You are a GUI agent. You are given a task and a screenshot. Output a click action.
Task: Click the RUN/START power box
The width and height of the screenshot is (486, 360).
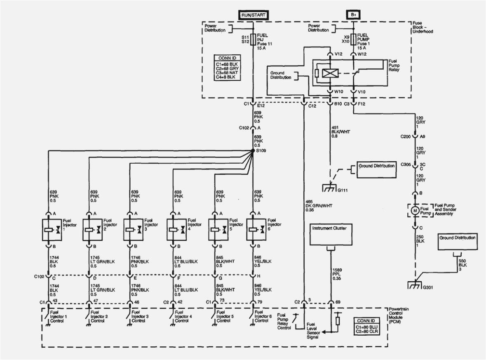[x=252, y=15]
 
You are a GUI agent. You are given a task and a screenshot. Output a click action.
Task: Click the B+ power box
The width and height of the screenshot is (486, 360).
[x=353, y=15]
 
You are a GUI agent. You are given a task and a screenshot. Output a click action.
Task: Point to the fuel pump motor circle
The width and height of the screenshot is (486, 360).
[x=415, y=210]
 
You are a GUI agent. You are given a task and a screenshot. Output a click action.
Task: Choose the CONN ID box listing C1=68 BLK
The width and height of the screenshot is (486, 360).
[x=228, y=68]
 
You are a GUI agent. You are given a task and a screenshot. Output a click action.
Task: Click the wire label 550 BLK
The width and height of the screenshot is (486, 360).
[x=463, y=265]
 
